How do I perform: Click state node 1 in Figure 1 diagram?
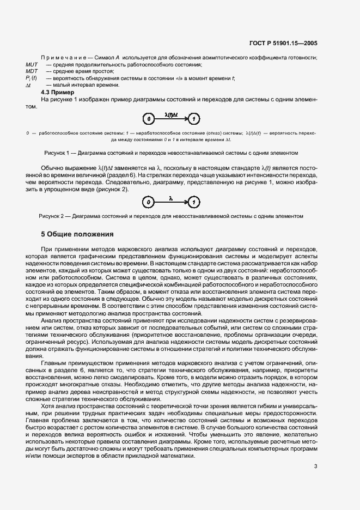coord(195,118)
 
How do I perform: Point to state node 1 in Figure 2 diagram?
coord(194,202)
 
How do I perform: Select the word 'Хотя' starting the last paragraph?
coord(48,406)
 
